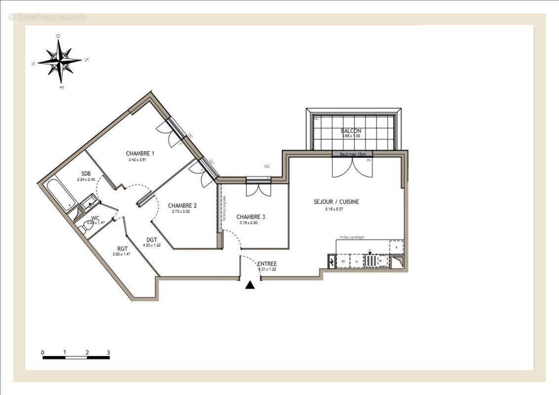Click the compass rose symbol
[60, 61]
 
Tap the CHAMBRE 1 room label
[140, 153]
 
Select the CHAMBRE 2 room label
[182, 205]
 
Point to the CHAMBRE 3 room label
[250, 217]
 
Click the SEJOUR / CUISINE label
[336, 202]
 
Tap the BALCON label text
[351, 131]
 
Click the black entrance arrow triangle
[250, 285]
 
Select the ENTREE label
[267, 264]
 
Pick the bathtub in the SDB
[61, 195]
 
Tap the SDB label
[86, 173]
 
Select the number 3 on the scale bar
[108, 353]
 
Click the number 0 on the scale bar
[43, 353]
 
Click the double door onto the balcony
[352, 167]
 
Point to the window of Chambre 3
[258, 180]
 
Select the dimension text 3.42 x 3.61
[138, 160]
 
